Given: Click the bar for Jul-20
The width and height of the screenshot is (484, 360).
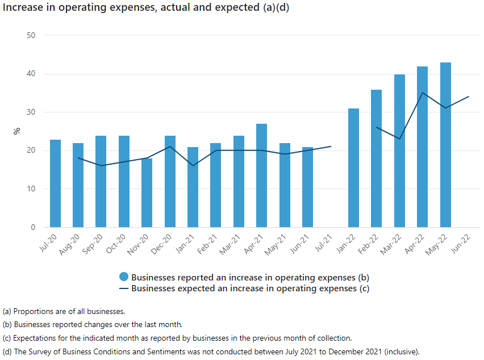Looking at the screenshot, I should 55,183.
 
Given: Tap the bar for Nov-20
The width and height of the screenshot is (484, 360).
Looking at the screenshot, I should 147,193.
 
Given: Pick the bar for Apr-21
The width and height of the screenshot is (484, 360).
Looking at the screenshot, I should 261,175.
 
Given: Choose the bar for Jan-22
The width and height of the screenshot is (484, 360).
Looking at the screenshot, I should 353,168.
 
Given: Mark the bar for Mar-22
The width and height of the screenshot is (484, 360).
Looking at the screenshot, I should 399,151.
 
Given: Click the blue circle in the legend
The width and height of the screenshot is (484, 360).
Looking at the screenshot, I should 124,277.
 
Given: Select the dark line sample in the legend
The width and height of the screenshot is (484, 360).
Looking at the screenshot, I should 124,288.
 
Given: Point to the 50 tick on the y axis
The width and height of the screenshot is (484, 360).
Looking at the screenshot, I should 31,35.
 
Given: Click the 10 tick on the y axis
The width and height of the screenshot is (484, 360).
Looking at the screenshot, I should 31,189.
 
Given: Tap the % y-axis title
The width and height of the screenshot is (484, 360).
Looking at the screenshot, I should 17,131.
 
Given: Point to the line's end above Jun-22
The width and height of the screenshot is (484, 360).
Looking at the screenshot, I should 469,97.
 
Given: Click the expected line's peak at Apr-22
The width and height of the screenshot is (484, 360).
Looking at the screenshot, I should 422,93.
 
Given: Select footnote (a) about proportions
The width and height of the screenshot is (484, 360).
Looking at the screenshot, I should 64,311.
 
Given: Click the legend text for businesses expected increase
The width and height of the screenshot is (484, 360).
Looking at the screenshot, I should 250,288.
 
